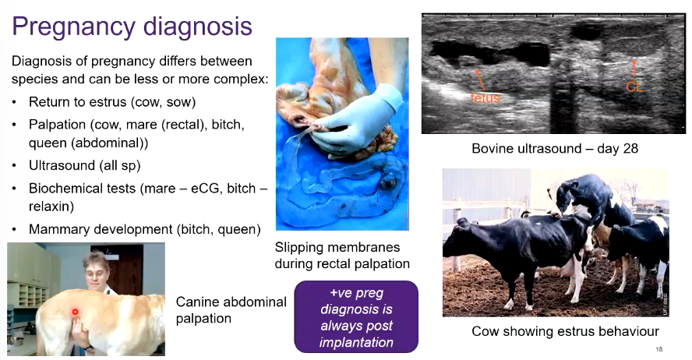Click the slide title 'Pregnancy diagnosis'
(x=132, y=26)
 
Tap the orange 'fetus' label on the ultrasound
(x=485, y=97)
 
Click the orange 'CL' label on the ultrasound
(x=634, y=87)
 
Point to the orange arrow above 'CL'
(x=634, y=69)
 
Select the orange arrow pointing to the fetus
(x=480, y=79)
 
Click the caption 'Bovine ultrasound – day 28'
(x=555, y=148)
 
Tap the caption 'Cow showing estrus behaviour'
(x=565, y=331)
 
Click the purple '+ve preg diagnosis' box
(x=356, y=317)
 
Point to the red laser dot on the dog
(x=75, y=312)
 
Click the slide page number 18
(x=659, y=349)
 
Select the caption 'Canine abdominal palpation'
(x=231, y=310)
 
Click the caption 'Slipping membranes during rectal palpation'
(x=342, y=256)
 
